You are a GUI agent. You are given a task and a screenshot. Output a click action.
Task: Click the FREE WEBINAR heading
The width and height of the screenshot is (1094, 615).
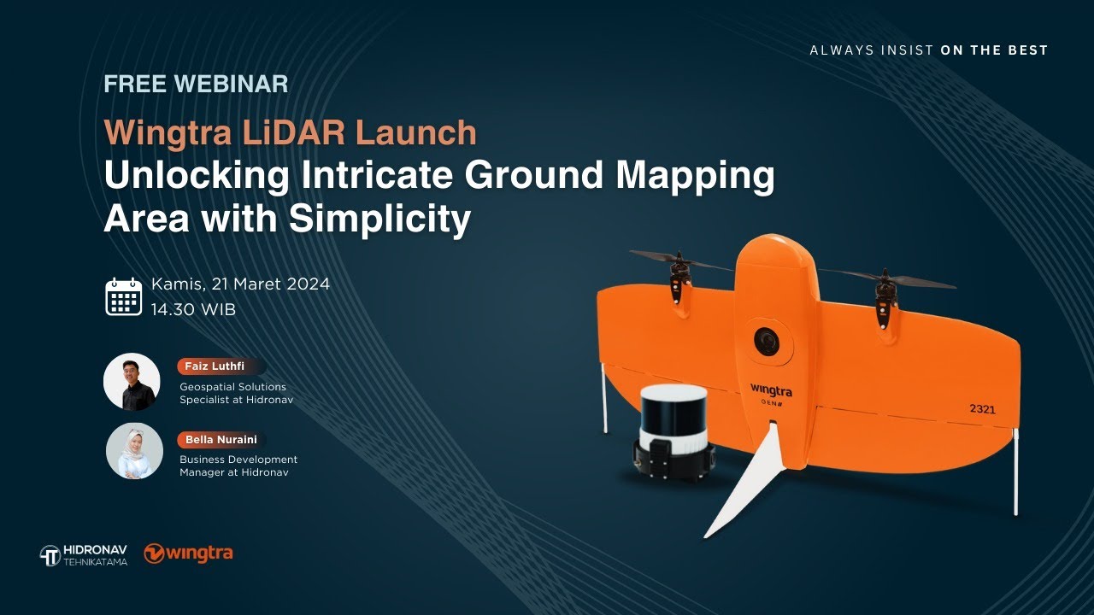click(196, 85)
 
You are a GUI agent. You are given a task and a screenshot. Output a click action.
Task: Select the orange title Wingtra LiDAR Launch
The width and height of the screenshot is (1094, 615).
click(290, 133)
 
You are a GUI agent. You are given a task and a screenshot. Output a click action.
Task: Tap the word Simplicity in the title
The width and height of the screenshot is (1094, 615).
click(379, 220)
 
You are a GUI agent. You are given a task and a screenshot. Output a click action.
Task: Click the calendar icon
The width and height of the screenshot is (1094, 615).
click(124, 296)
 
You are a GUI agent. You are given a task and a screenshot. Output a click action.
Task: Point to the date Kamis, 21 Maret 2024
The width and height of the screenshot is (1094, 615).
click(240, 284)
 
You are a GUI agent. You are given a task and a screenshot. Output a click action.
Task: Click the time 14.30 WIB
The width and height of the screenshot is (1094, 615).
click(193, 309)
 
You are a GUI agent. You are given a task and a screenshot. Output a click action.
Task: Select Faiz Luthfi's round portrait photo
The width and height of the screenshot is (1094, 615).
click(132, 382)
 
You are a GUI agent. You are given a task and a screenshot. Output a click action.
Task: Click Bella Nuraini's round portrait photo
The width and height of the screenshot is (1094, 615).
click(134, 451)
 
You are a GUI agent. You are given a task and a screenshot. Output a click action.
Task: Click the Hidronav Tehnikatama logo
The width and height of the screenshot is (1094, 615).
click(84, 555)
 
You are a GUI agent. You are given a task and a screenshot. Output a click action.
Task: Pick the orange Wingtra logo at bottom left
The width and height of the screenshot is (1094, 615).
click(188, 553)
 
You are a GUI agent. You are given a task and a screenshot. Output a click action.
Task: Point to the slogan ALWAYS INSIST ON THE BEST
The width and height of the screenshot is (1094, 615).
click(928, 50)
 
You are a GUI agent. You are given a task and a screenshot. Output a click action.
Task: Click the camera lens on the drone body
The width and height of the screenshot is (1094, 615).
click(767, 342)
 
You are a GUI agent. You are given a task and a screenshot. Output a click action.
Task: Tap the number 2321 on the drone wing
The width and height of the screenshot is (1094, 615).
click(982, 409)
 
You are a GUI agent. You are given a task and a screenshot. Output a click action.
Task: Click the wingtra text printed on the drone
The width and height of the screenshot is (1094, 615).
click(771, 390)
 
